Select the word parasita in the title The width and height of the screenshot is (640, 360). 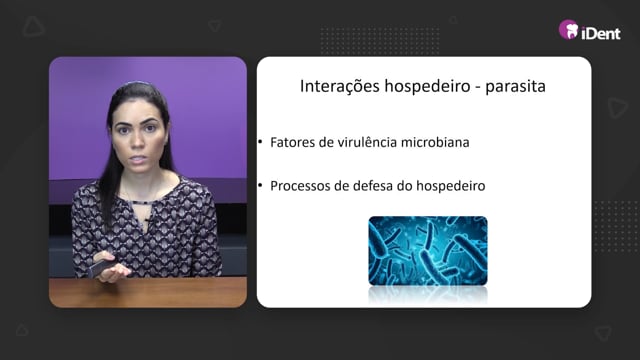tap(515, 87)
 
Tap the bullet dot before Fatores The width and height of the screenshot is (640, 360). tap(260, 142)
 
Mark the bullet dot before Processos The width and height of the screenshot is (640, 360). tap(260, 185)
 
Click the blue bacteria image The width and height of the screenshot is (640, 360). tap(428, 251)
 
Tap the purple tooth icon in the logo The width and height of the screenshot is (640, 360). tap(569, 30)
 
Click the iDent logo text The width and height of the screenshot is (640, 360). tap(600, 33)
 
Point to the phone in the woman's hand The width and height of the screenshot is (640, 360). tap(100, 268)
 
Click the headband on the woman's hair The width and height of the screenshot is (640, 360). tap(137, 83)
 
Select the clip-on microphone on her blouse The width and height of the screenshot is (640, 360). tap(148, 221)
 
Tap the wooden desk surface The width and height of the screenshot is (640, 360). tap(148, 292)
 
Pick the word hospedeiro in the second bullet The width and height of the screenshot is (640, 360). tap(451, 186)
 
